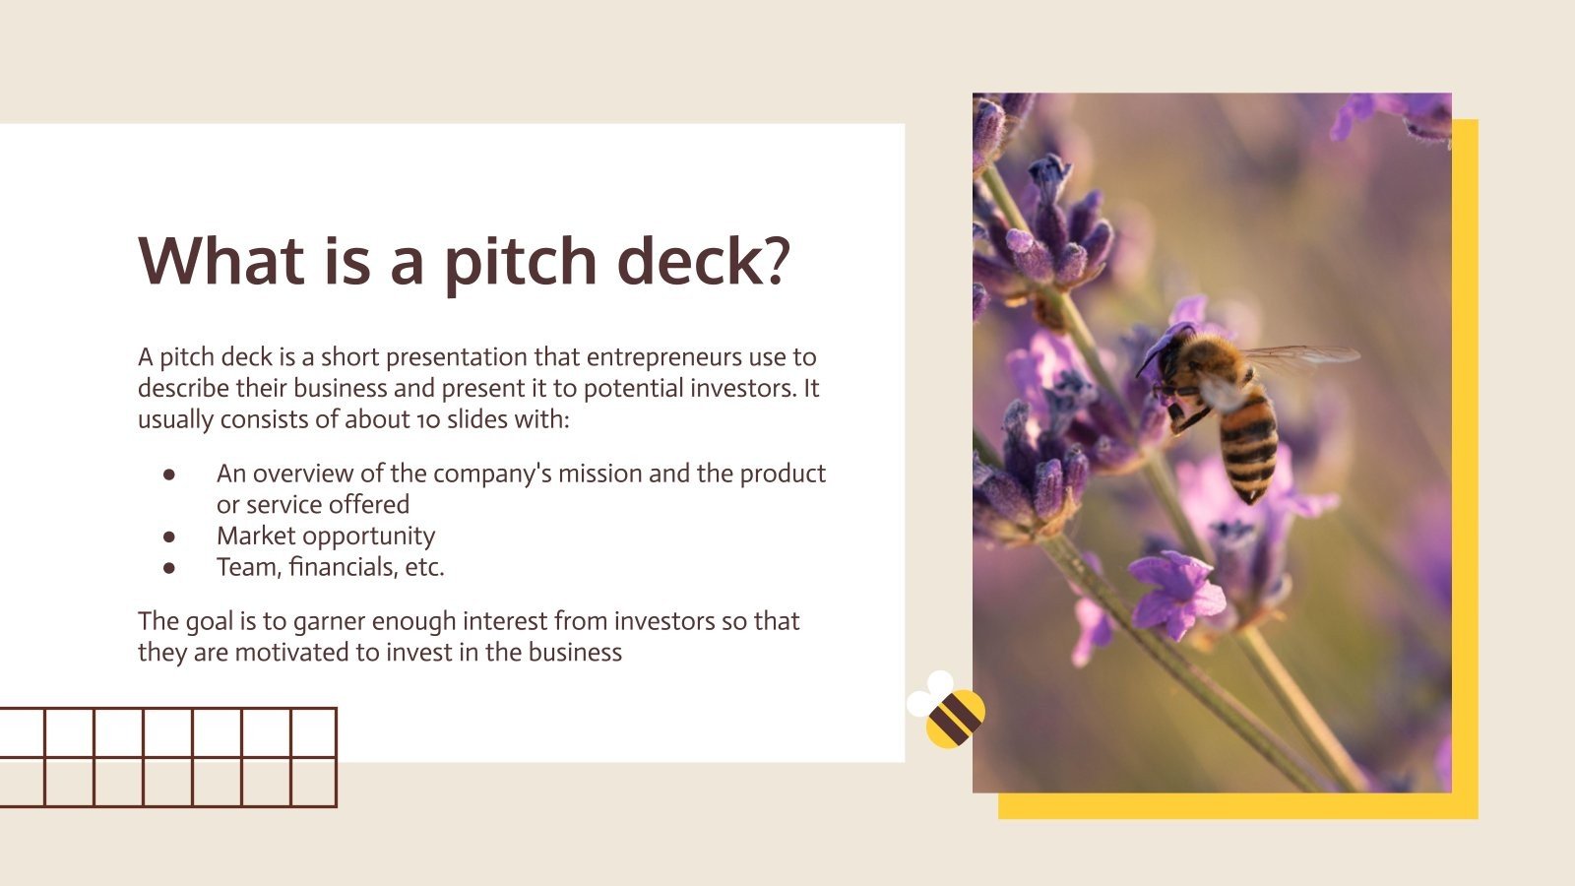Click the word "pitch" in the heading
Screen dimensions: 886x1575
coord(519,261)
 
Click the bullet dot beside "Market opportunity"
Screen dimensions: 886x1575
coord(169,537)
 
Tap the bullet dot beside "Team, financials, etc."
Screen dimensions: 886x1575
coord(169,568)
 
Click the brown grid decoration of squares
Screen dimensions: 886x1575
coord(168,757)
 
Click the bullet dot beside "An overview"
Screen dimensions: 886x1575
coord(169,474)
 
